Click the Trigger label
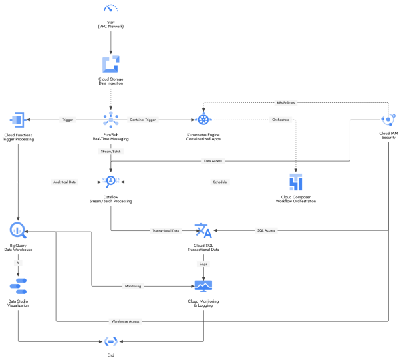click(67, 120)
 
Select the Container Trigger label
click(142, 120)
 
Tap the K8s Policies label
click(285, 103)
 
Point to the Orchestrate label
click(280, 120)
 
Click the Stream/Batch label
click(110, 152)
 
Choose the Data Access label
click(213, 161)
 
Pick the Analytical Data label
click(65, 182)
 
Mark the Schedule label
click(219, 182)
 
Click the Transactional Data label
click(166, 230)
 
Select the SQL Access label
click(265, 230)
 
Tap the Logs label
click(203, 264)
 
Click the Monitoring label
click(132, 286)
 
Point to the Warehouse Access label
click(125, 321)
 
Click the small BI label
click(18, 263)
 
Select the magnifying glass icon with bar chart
click(18, 230)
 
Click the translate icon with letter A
click(203, 230)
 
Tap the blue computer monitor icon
click(203, 286)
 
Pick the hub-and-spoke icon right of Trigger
click(110, 119)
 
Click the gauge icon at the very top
click(110, 9)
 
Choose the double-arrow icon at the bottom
click(110, 341)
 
